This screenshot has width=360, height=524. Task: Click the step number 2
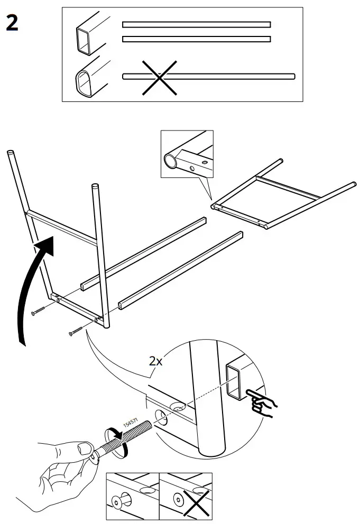click(x=12, y=23)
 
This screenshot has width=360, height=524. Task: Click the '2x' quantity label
click(x=156, y=361)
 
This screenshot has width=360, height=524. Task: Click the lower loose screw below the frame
click(x=77, y=331)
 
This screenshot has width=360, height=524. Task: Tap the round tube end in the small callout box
click(x=171, y=161)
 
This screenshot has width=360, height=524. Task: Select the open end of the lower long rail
click(x=121, y=305)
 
